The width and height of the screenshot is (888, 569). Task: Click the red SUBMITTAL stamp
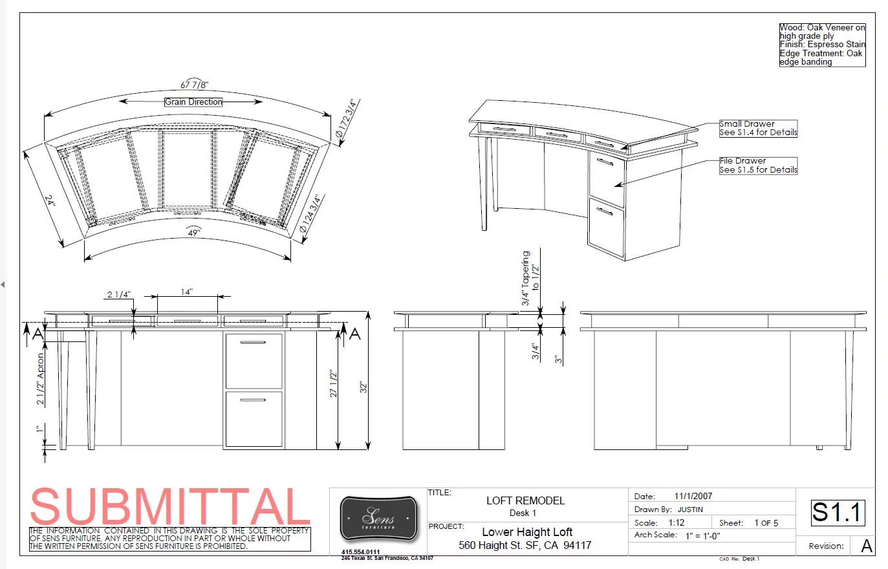tap(170, 506)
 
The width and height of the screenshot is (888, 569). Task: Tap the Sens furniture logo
tap(378, 519)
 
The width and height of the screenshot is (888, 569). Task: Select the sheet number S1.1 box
tap(838, 512)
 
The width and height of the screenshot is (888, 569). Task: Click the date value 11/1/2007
tap(693, 496)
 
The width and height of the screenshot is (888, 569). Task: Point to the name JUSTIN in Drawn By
tap(690, 510)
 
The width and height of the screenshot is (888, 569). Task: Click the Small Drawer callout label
tap(758, 128)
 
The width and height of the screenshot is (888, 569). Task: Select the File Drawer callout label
tap(758, 166)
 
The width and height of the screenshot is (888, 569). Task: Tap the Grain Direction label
tap(193, 102)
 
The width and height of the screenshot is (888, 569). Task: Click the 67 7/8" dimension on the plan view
tap(194, 85)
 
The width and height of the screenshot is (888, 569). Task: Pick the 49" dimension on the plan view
tap(193, 232)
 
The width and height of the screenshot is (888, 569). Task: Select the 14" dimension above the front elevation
tap(187, 292)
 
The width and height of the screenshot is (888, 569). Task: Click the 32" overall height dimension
tap(364, 387)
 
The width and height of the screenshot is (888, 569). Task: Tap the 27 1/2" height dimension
tap(334, 384)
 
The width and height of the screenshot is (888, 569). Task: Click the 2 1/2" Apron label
tap(41, 378)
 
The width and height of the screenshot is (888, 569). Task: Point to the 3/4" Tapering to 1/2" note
tap(530, 278)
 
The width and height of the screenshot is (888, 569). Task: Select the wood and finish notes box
tap(822, 45)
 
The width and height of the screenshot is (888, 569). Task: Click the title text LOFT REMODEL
tap(525, 500)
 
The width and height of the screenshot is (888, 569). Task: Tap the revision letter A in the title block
tap(867, 546)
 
